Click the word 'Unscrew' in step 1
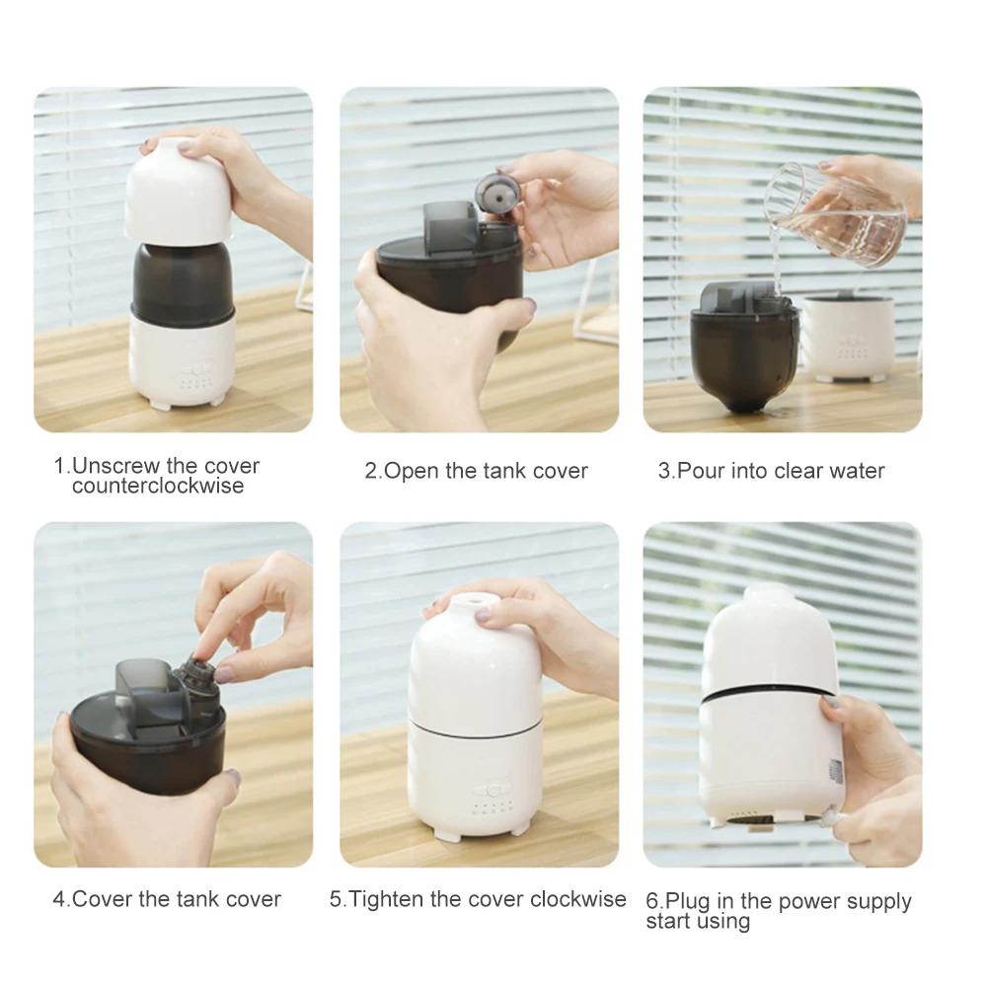117,466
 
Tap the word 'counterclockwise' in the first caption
158,486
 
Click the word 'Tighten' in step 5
387,899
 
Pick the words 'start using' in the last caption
698,922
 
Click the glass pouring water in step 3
837,214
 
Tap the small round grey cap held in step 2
497,195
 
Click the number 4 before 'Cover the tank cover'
58,899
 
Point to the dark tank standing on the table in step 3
744,346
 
